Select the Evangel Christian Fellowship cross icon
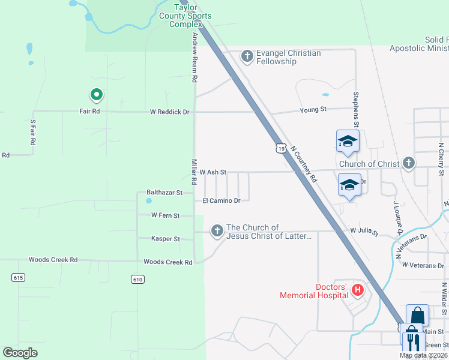tap(246, 57)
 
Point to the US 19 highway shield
tap(280, 148)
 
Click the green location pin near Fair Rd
tap(95, 95)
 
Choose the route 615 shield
tap(18, 277)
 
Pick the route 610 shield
tap(137, 279)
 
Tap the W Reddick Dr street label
tap(169, 112)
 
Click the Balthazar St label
tap(164, 193)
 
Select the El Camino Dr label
tap(221, 200)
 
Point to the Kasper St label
tap(165, 239)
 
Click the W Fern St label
tap(165, 215)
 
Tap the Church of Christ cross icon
tap(408, 163)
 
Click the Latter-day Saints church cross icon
tap(216, 231)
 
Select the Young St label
tap(313, 109)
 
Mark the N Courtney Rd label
tap(304, 163)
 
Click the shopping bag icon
tap(417, 315)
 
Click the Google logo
tap(20, 353)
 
